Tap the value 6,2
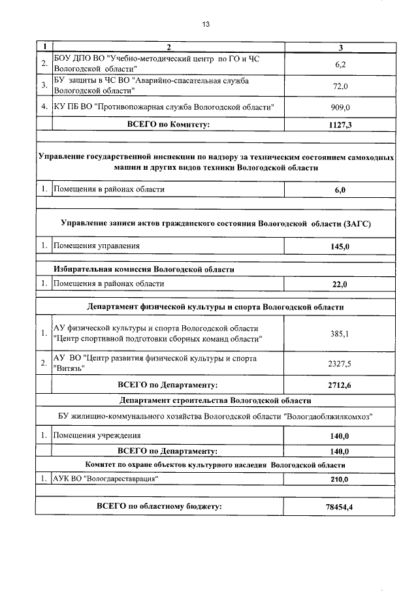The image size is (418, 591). pyautogui.click(x=340, y=64)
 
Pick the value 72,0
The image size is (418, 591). pyautogui.click(x=340, y=86)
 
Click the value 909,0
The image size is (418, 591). pyautogui.click(x=340, y=106)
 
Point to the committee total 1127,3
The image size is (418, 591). pyautogui.click(x=340, y=124)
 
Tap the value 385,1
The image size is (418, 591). pyautogui.click(x=340, y=334)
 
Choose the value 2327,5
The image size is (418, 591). pyautogui.click(x=340, y=364)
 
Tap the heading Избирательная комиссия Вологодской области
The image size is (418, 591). pyautogui.click(x=144, y=269)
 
